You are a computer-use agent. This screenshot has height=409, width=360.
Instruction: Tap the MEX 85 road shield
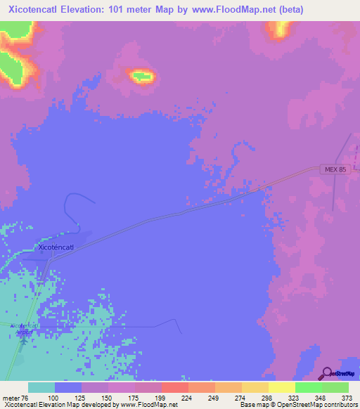336,169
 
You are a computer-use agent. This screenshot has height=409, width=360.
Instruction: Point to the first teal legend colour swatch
41,387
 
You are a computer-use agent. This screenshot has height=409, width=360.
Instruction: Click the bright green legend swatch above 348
308,387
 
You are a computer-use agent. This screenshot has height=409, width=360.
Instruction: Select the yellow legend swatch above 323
281,387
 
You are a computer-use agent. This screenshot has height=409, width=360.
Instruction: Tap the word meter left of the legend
11,397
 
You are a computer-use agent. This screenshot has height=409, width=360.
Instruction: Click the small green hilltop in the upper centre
142,75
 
